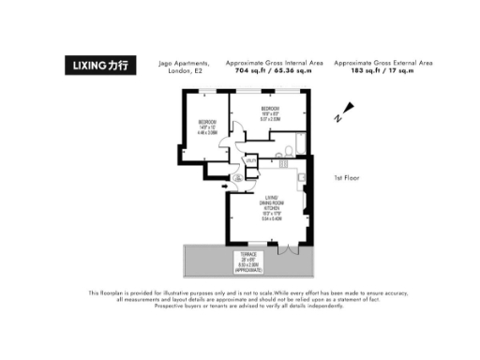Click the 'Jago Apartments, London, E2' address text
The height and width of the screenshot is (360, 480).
click(193, 67)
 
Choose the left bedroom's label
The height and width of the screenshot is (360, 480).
click(207, 128)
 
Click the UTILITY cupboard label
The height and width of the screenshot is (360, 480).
click(250, 159)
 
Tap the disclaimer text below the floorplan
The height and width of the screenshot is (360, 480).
click(240, 298)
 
